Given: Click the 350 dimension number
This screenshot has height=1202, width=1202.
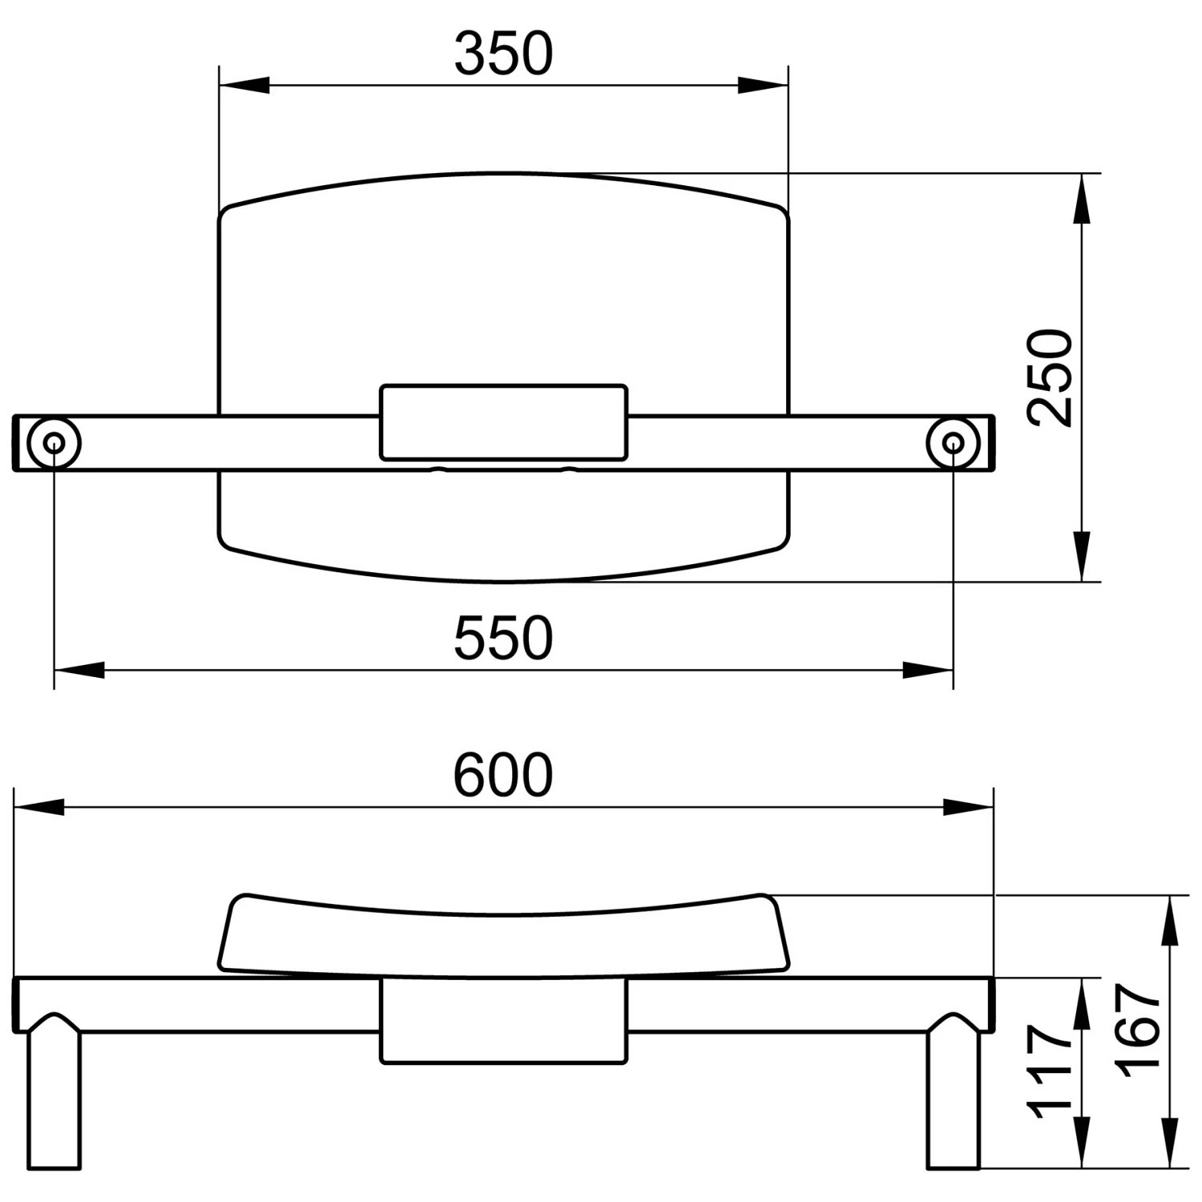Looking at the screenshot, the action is [x=503, y=54].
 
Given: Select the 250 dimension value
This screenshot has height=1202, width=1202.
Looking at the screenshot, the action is [x=1051, y=377].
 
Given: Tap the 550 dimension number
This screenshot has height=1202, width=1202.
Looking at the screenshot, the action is [x=503, y=638].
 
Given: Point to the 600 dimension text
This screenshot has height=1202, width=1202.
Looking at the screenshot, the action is [x=503, y=775].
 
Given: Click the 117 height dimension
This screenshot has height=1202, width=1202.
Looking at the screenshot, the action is [x=1051, y=1071].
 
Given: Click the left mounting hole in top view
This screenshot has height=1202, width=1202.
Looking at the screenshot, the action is [x=54, y=442].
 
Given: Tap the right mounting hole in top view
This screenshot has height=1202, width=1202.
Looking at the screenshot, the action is [x=954, y=442].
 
